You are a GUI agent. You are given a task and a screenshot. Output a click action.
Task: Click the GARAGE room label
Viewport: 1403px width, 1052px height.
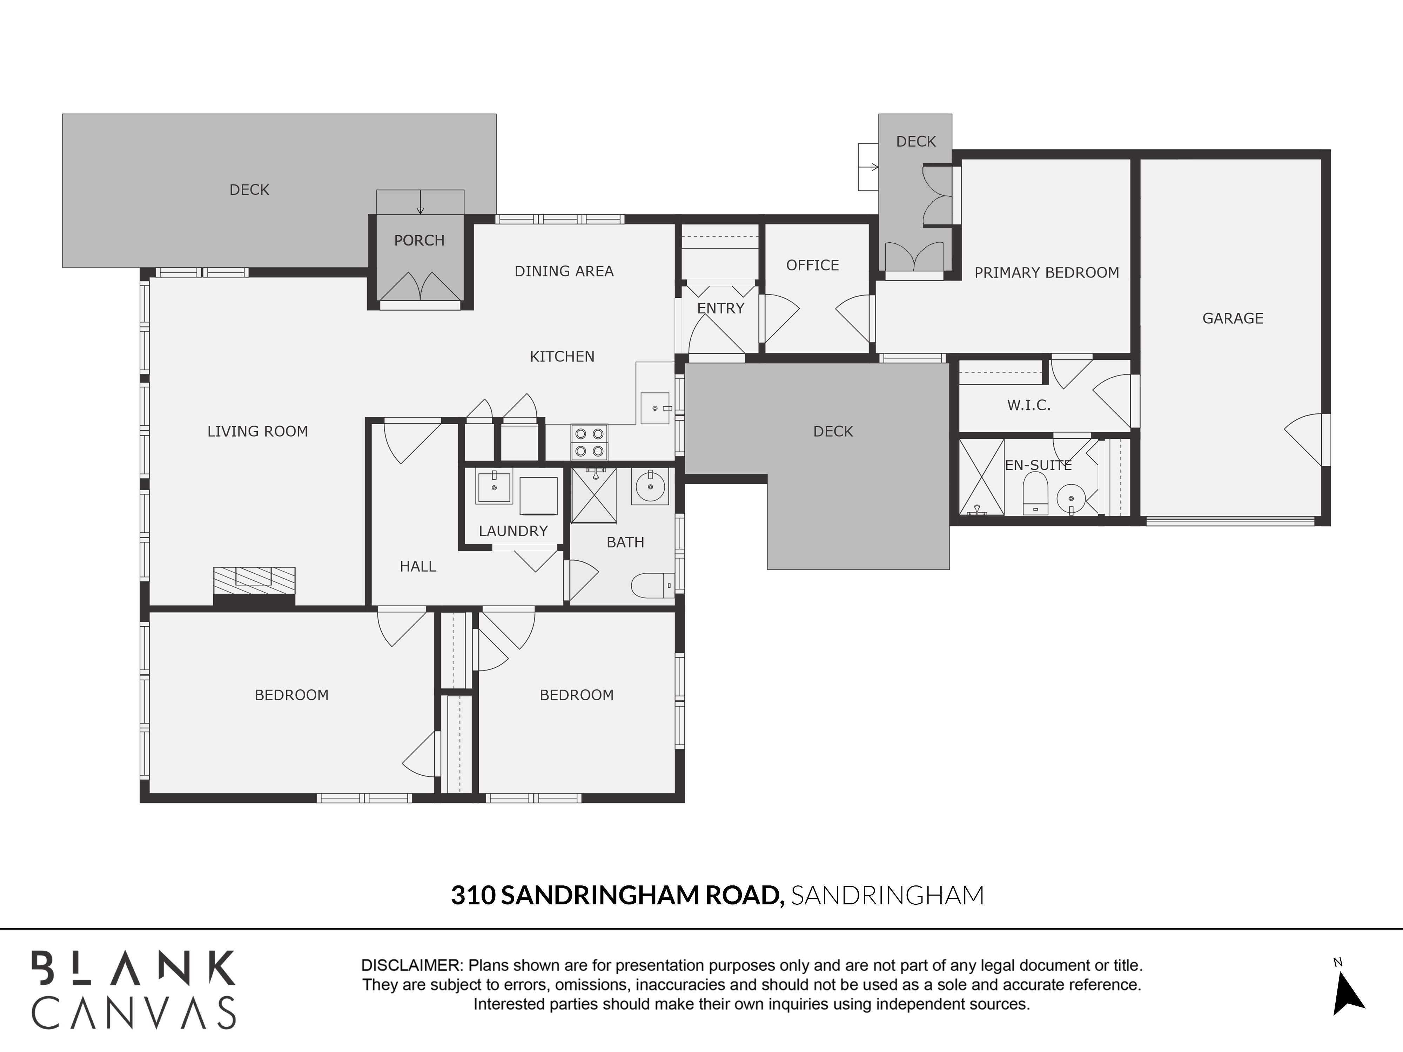coord(1233,318)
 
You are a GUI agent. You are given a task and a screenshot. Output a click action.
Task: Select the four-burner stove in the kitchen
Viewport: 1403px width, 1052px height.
coord(589,442)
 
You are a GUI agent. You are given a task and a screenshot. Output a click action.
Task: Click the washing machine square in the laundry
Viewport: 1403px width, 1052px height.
coord(538,496)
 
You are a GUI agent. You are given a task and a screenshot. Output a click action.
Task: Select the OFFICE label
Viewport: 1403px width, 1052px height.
coord(812,265)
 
